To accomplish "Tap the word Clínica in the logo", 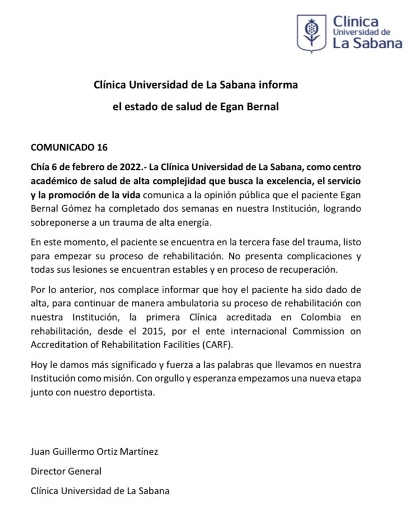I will [x=355, y=22].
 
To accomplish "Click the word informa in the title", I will [x=279, y=85].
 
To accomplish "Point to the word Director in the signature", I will [x=48, y=471].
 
